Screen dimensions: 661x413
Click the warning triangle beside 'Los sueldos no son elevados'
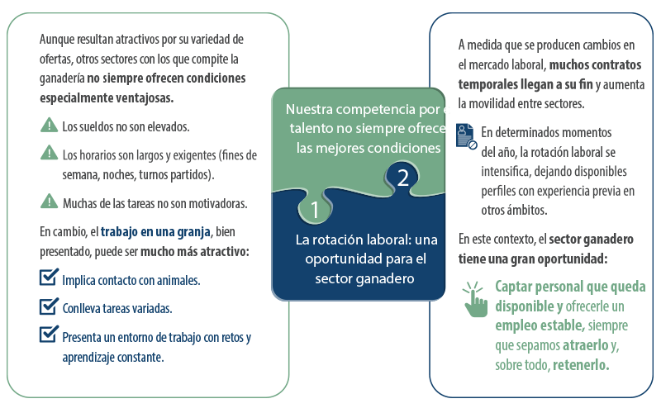tap(50, 125)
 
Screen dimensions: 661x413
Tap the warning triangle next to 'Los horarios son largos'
tap(50, 153)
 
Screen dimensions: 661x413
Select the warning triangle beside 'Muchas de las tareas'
tap(50, 201)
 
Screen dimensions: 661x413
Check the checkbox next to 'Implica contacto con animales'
tap(49, 278)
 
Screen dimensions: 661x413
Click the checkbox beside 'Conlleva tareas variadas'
tap(49, 306)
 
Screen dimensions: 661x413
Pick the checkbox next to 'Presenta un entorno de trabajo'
tap(49, 335)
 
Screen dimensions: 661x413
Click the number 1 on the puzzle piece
tap(315, 210)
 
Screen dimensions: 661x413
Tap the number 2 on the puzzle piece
tap(403, 178)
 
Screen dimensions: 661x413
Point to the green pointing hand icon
tap(475, 299)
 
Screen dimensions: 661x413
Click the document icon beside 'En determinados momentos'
tap(467, 135)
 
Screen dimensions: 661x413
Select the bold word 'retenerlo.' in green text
tap(581, 364)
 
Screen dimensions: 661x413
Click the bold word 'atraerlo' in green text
tap(586, 345)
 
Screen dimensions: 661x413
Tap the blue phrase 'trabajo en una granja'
tap(155, 232)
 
